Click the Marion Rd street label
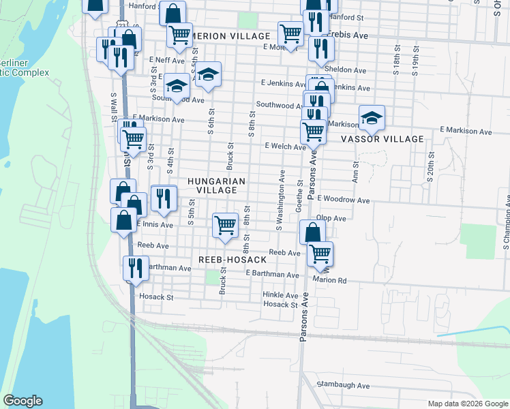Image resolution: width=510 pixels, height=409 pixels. point(330,279)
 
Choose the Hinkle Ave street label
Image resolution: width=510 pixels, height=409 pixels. point(280,295)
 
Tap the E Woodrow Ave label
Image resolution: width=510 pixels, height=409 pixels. point(342,201)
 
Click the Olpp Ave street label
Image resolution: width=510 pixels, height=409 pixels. point(331,219)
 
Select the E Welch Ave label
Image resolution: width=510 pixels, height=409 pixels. point(285,147)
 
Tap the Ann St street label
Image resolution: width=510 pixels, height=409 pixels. point(355,172)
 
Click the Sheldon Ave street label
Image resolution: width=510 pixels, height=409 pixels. point(345,70)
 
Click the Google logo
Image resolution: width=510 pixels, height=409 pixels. point(22,401)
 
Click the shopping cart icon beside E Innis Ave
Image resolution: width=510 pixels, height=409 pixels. point(224,224)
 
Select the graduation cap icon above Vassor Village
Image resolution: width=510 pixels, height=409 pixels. point(372,117)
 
